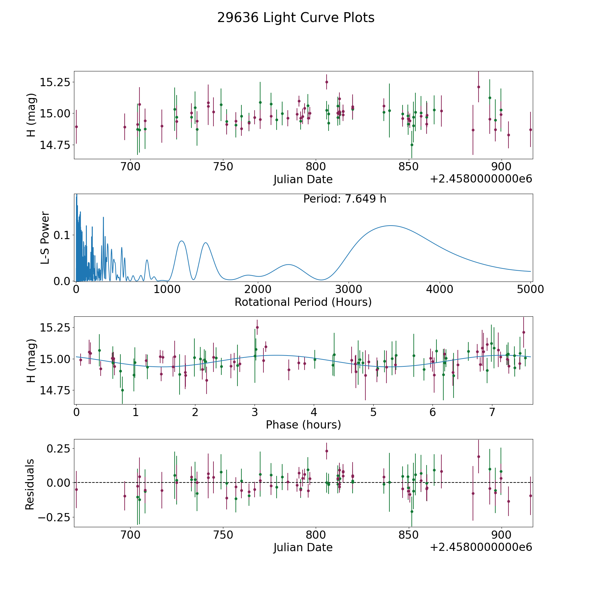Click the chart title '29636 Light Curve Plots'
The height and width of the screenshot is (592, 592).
296,18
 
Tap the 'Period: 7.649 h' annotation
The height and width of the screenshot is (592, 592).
345,199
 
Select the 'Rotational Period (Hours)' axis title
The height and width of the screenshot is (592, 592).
303,302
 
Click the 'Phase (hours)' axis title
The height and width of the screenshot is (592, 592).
303,425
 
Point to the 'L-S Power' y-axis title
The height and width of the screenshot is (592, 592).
45,237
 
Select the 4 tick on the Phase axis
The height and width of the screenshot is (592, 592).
314,412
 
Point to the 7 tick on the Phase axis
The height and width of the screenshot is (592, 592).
492,412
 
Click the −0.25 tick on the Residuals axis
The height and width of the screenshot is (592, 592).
54,518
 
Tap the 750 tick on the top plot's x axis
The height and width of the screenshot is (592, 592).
223,167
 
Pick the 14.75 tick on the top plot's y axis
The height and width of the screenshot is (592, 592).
55,145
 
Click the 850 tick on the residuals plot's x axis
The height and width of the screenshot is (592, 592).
408,535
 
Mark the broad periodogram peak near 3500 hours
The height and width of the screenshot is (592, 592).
390,226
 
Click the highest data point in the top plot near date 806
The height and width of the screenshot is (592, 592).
327,82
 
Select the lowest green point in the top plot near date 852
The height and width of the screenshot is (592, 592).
412,145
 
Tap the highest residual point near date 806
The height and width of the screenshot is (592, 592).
327,451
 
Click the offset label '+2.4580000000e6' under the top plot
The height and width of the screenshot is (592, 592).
481,179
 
